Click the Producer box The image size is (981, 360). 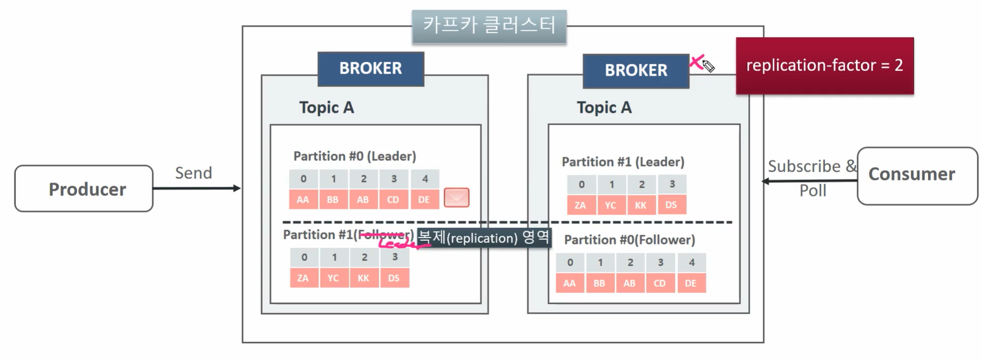click(x=84, y=188)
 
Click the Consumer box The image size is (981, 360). click(x=916, y=175)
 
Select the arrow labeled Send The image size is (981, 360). click(x=197, y=188)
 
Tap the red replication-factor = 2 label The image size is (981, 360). click(x=824, y=66)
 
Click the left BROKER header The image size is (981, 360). click(x=370, y=69)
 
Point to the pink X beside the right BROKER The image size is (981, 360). click(x=696, y=62)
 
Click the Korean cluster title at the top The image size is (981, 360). click(x=489, y=25)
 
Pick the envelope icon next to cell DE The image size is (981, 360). click(x=456, y=198)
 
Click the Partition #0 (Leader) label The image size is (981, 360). click(x=355, y=156)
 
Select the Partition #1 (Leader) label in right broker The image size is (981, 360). click(x=623, y=162)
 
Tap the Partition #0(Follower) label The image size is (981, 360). click(x=629, y=240)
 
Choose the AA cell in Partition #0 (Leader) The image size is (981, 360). click(x=303, y=199)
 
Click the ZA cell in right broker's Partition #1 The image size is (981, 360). click(x=580, y=205)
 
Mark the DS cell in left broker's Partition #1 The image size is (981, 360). click(x=394, y=278)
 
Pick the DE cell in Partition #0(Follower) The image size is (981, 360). click(x=691, y=283)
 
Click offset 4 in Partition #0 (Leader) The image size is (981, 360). click(x=425, y=179)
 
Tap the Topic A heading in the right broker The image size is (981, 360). click(x=604, y=107)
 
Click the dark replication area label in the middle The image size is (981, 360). click(x=484, y=237)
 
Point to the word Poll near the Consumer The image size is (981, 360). click(x=813, y=191)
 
